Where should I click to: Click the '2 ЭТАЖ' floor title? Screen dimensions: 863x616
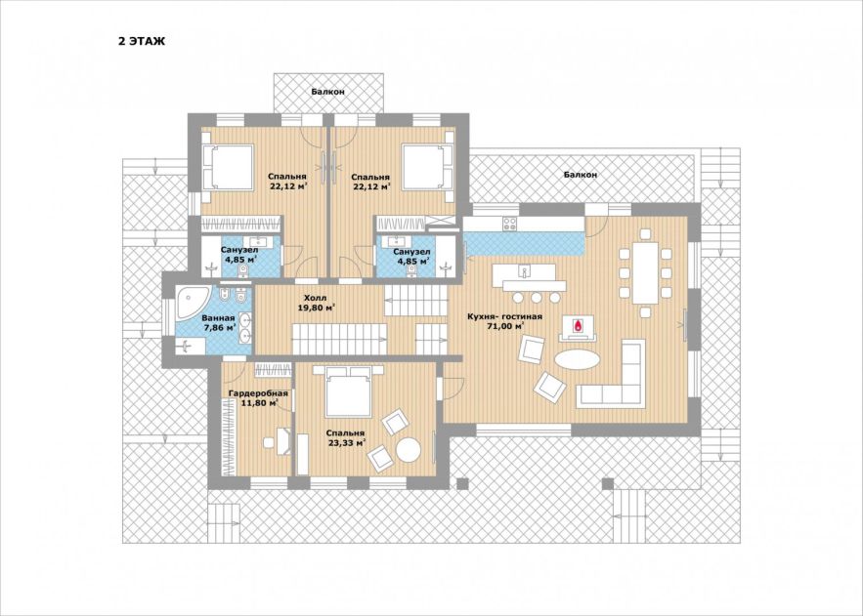coord(142,41)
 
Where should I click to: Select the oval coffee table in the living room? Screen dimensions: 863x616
coord(578,360)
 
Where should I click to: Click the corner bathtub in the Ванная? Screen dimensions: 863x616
coord(191,303)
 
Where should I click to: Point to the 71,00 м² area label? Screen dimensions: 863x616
coord(504,326)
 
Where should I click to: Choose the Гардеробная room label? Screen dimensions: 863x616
coord(258,393)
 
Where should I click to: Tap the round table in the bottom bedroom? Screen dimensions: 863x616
coord(409,450)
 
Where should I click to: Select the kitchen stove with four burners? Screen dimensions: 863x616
coord(509,224)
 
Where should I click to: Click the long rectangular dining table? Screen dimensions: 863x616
coord(646,273)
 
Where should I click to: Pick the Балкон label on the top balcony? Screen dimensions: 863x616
coord(327,92)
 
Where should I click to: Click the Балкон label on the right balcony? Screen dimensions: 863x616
coord(581,174)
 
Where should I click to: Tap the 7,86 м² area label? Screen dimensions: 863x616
coord(219,327)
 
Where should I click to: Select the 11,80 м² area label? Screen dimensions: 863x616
coord(259,403)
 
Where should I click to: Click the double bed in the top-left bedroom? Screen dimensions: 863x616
coord(228,167)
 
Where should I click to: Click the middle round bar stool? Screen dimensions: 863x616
coord(536,298)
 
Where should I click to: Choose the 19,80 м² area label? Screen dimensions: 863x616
coord(317,308)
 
